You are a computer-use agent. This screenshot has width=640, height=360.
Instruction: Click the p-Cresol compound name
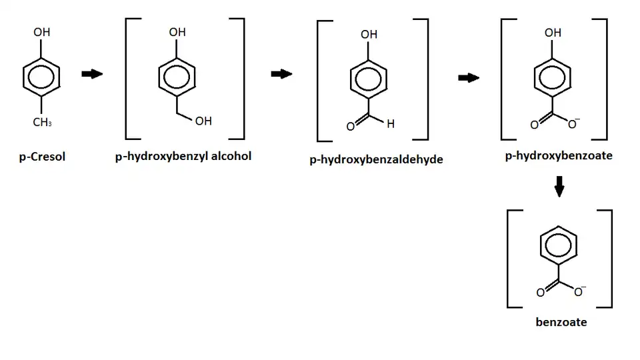click(42, 157)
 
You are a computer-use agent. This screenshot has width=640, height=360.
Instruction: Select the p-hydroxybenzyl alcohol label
click(183, 156)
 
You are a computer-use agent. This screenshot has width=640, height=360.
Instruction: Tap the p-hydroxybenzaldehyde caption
click(376, 159)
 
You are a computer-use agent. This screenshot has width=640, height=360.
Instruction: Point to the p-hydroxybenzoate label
click(559, 155)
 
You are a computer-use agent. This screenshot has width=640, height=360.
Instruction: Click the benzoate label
click(561, 322)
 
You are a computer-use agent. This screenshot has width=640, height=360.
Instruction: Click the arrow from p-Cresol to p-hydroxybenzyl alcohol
click(92, 74)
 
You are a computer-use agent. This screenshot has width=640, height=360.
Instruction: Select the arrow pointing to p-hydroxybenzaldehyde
click(281, 74)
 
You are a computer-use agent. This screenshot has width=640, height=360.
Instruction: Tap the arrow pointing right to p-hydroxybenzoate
click(469, 77)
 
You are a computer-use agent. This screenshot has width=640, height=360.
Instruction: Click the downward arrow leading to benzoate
click(559, 187)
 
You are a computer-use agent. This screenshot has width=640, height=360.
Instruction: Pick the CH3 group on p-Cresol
click(42, 122)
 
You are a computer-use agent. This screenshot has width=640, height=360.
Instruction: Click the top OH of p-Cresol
click(41, 32)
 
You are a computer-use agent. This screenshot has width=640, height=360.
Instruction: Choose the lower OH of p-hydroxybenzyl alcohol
click(203, 121)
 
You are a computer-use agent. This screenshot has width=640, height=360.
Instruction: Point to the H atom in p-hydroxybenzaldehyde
click(391, 124)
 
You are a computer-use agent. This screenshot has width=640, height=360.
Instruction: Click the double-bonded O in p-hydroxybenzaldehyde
click(350, 127)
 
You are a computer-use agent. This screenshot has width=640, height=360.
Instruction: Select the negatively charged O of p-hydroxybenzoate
click(573, 124)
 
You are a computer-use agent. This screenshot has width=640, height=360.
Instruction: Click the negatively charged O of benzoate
click(579, 291)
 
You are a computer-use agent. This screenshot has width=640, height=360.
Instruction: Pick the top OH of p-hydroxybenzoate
click(553, 33)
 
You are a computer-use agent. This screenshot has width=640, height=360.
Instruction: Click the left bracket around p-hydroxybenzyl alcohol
click(127, 79)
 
